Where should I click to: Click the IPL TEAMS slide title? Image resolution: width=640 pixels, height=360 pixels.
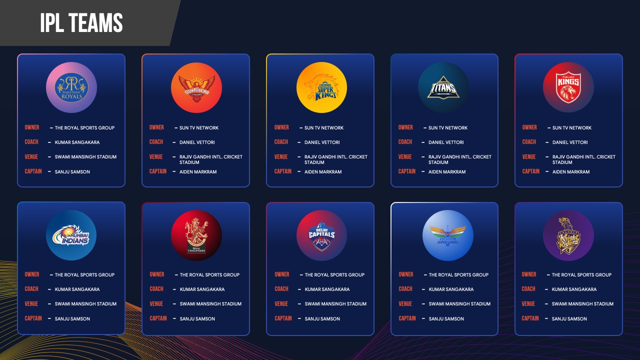(81, 23)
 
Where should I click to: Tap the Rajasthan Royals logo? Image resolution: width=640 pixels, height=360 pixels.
(71, 87)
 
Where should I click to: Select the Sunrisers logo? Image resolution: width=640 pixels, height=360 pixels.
(196, 87)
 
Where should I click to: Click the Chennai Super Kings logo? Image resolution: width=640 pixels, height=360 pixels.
(321, 87)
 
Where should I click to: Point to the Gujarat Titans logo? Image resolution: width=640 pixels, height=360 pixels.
(443, 87)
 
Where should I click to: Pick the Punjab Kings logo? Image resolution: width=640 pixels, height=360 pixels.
(568, 87)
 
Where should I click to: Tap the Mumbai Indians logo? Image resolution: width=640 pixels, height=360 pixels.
(71, 235)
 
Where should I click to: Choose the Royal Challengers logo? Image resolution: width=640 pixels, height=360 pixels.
(196, 235)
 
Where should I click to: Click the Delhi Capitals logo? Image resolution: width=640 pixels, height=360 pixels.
(321, 235)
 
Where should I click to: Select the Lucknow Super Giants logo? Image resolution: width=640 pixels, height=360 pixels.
(447, 235)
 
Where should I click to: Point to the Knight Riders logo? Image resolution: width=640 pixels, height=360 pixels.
(568, 235)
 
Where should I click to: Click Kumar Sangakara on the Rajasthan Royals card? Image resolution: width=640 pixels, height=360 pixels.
(77, 142)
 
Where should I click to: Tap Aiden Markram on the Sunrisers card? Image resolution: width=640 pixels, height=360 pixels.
(198, 172)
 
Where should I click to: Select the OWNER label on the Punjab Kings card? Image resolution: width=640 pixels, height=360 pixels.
(529, 127)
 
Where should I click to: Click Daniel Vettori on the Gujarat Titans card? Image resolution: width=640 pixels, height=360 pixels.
(446, 142)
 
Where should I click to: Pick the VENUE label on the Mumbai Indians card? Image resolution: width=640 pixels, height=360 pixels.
(31, 303)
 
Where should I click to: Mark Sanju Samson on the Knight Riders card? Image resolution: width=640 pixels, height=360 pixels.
(569, 319)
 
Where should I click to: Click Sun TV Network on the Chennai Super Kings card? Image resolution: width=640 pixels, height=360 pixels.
(324, 128)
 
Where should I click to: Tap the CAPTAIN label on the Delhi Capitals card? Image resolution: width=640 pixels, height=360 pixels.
(283, 318)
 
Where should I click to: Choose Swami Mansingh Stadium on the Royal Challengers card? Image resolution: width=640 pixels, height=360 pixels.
(210, 304)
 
